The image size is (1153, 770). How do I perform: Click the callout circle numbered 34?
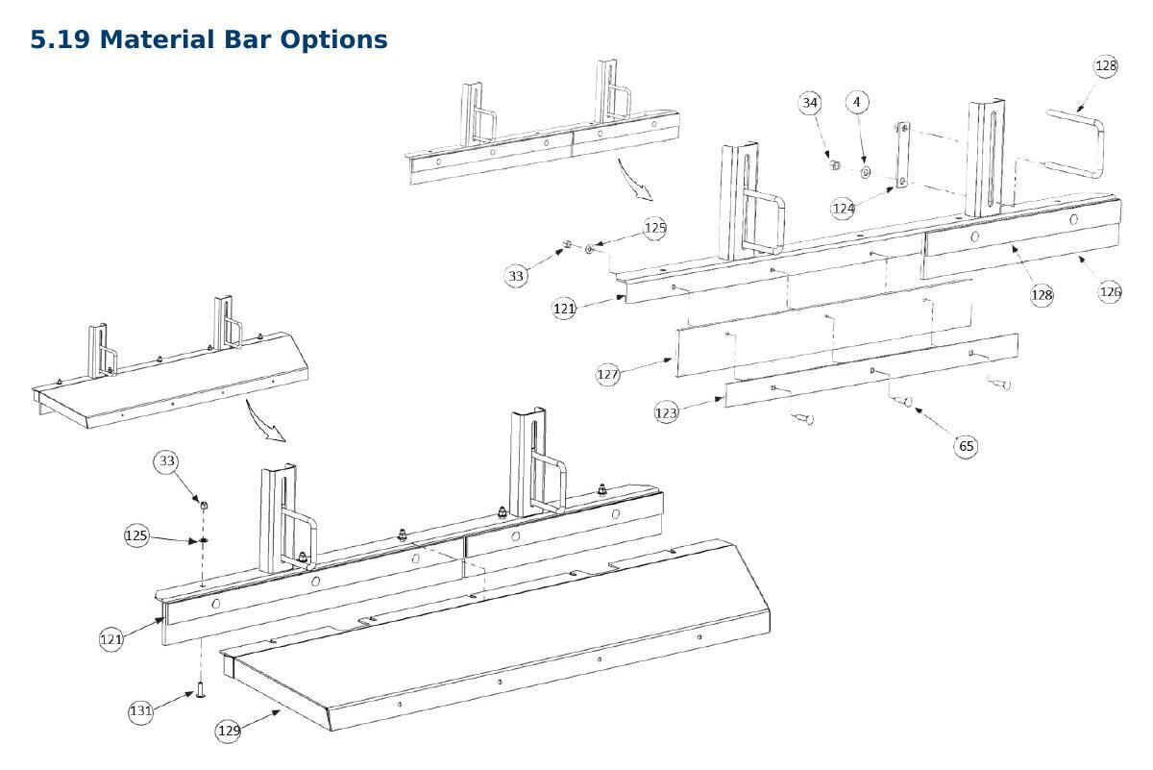810,103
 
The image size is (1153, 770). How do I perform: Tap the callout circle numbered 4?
857,102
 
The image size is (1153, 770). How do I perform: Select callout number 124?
844,208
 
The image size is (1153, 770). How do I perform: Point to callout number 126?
1110,291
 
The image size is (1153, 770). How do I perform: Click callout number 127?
608,374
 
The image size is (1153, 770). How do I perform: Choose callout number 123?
666,412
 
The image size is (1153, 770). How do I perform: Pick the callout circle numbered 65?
966,445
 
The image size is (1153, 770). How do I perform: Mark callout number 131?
140,711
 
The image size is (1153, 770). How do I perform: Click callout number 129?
229,731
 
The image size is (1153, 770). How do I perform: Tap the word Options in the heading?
334,40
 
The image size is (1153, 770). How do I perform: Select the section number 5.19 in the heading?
61,39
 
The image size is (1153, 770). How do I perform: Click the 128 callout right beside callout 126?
1042,294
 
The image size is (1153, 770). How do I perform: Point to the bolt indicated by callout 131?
200,689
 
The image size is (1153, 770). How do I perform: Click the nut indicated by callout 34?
835,164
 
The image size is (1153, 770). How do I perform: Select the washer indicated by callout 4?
866,172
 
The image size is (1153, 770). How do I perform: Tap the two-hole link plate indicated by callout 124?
902,155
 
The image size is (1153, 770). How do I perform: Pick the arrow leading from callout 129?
260,719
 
